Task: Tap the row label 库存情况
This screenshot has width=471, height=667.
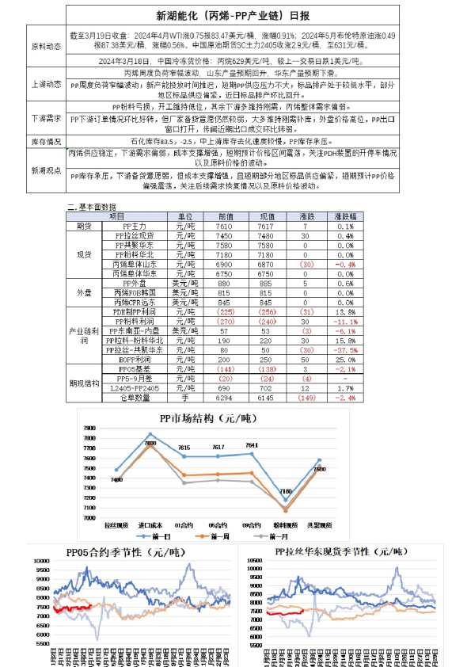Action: pos(44,140)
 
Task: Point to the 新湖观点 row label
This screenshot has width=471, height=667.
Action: pos(44,170)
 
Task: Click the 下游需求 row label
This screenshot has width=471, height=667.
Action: pos(44,119)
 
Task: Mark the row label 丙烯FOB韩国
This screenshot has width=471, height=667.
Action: pos(131,292)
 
